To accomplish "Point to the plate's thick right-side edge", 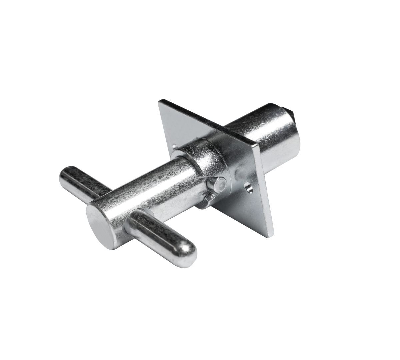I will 265,190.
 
